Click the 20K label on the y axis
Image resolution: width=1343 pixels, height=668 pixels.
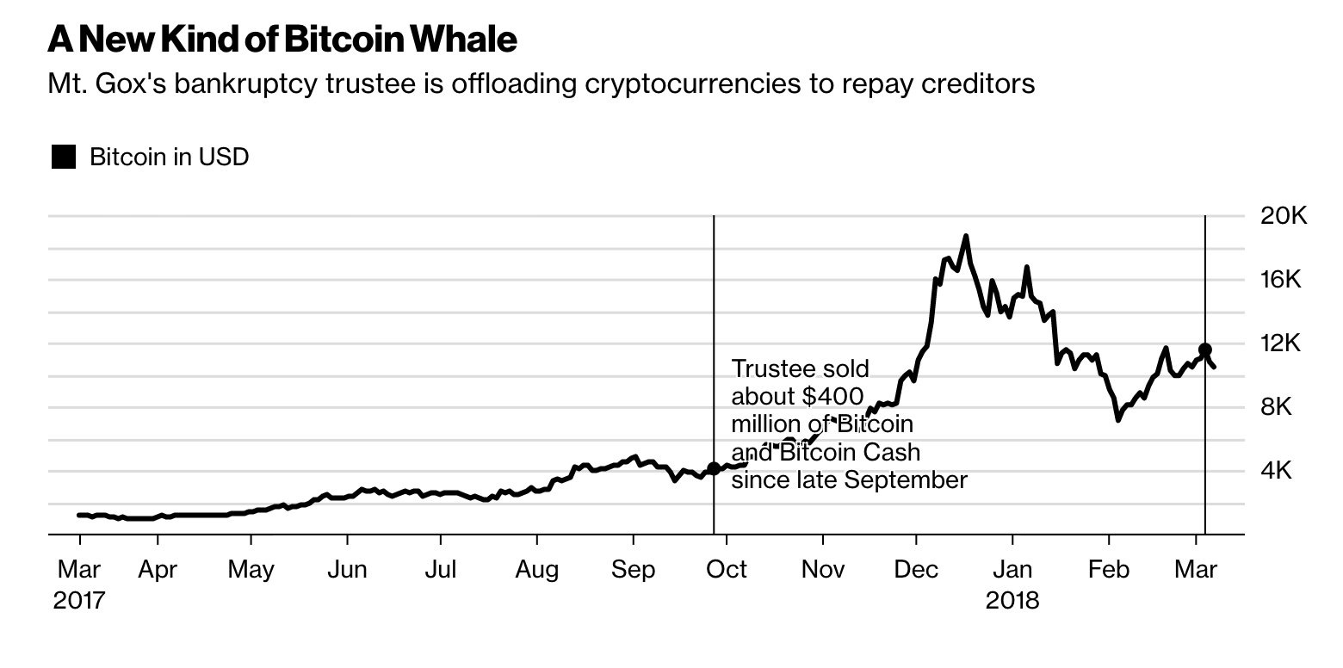pyautogui.click(x=1284, y=215)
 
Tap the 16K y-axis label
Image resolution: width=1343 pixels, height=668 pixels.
pyautogui.click(x=1284, y=279)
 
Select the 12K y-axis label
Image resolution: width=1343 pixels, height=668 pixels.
pyautogui.click(x=1284, y=343)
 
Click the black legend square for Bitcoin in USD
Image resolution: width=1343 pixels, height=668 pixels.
pyautogui.click(x=64, y=157)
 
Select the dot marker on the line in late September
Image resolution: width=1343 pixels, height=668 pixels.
pyautogui.click(x=714, y=468)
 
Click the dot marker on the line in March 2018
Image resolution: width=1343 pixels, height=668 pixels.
pyautogui.click(x=1205, y=349)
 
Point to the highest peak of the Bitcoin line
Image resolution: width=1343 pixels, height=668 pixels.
pyautogui.click(x=966, y=236)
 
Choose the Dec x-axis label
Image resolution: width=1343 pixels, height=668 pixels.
pyautogui.click(x=917, y=569)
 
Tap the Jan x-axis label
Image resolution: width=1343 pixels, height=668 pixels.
pyautogui.click(x=1012, y=569)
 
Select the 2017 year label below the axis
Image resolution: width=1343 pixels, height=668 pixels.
pyautogui.click(x=78, y=600)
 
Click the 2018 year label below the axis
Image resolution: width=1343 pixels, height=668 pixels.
pyautogui.click(x=1012, y=600)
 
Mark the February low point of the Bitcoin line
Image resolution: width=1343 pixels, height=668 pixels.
pyautogui.click(x=1118, y=419)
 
